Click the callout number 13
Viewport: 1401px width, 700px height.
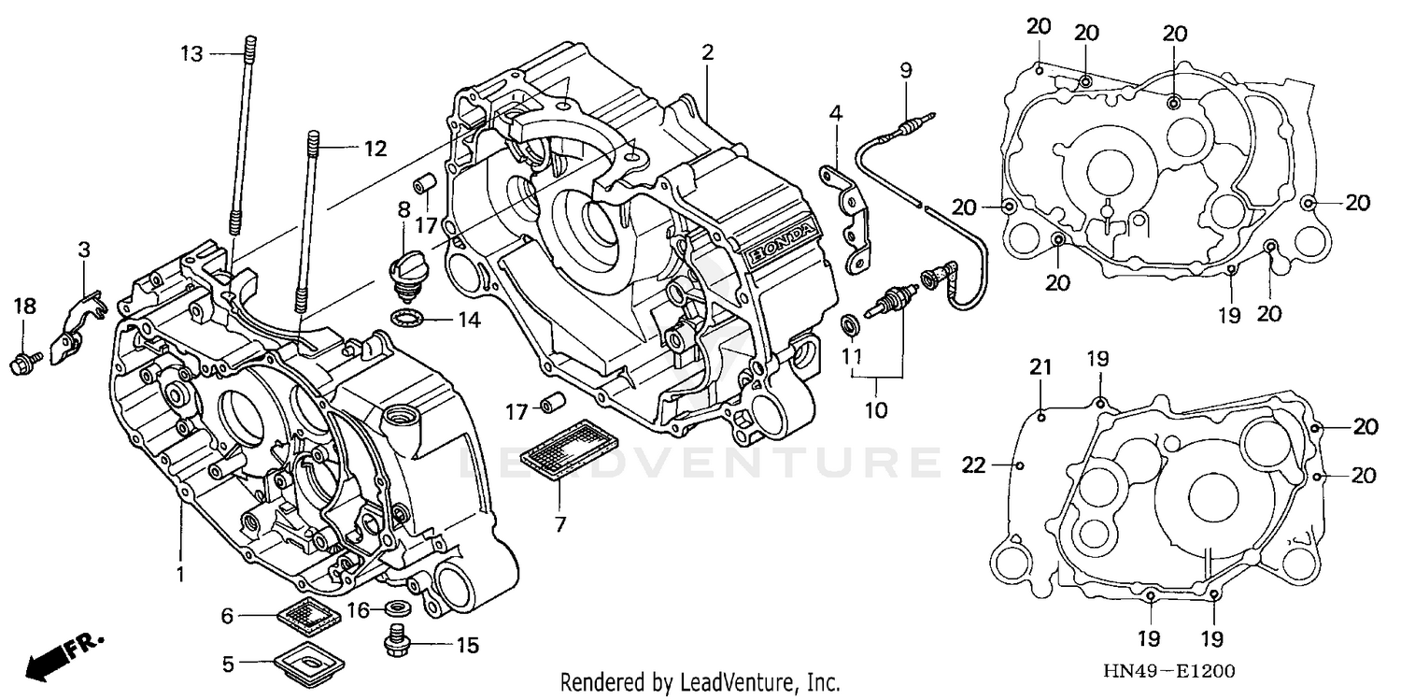191,54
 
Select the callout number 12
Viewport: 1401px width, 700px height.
375,148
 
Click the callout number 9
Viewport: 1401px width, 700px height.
905,70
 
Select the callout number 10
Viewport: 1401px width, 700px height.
877,409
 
